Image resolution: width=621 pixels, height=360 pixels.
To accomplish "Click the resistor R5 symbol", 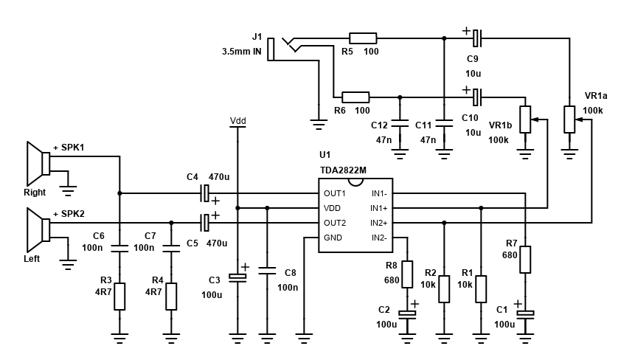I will (x=362, y=38).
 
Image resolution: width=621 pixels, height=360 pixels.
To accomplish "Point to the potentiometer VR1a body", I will (x=569, y=119).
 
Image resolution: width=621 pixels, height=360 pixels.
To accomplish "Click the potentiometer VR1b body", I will (x=524, y=119).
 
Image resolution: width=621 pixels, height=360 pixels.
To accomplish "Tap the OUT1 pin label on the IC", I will (x=335, y=193).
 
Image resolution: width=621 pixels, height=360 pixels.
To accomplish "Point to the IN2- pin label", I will (x=378, y=238).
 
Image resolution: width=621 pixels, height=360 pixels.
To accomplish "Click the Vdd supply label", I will (x=237, y=120).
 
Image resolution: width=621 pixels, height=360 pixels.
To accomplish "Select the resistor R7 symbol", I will (x=524, y=260).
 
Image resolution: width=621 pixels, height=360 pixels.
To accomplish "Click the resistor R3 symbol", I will (x=119, y=296).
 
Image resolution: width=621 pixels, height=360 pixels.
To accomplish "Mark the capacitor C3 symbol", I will (x=237, y=277).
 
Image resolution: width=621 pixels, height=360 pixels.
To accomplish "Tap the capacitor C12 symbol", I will (x=400, y=125).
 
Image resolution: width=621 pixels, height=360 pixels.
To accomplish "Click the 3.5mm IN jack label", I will (x=241, y=52).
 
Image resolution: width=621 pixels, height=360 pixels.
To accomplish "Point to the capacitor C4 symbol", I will (x=206, y=193).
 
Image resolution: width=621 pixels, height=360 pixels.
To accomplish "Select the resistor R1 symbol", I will (x=480, y=288).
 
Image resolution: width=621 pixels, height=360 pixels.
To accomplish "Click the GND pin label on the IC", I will (x=333, y=238).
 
